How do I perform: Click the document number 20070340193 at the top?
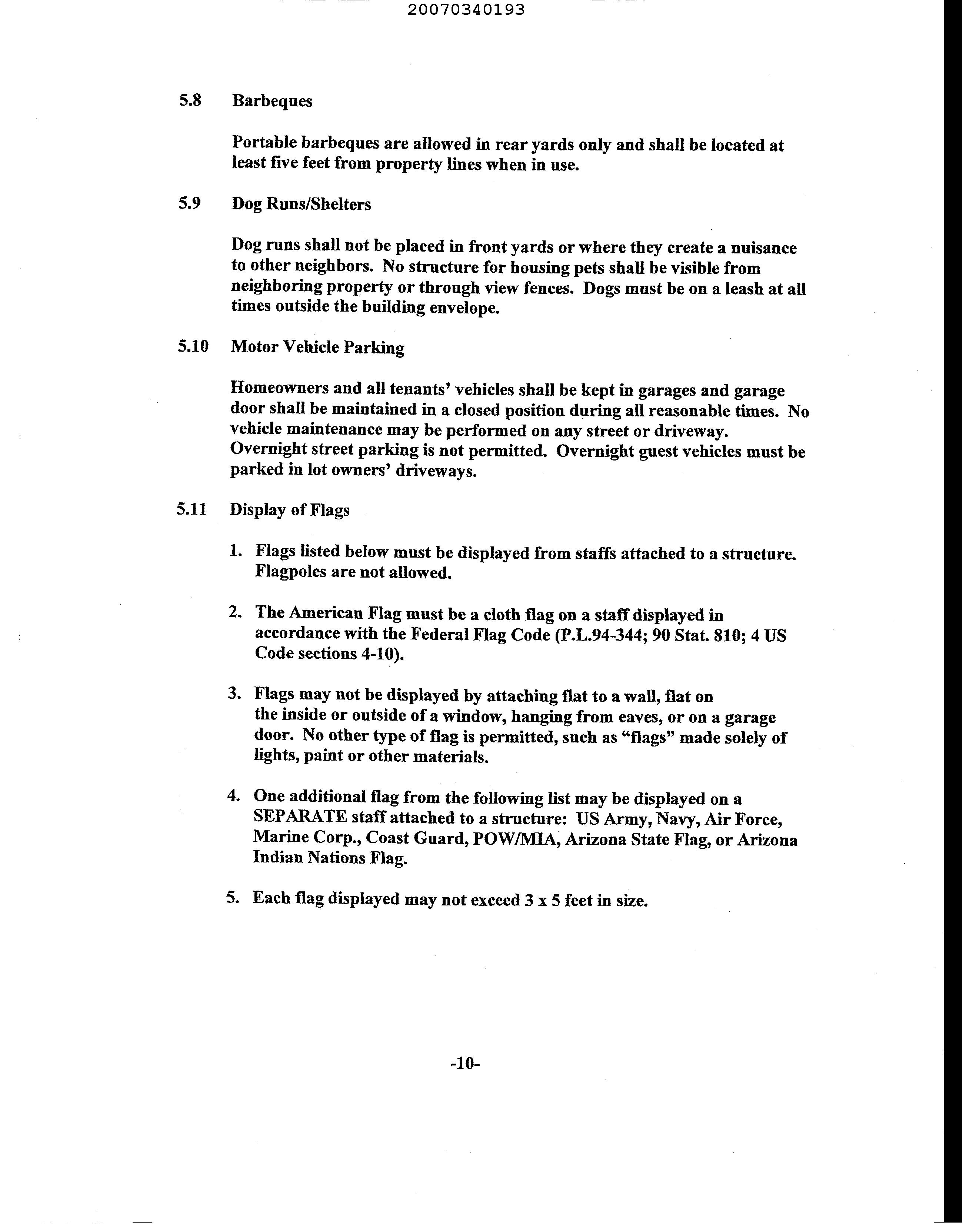pyautogui.click(x=466, y=10)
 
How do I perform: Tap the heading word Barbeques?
pyautogui.click(x=272, y=101)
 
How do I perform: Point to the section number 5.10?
pyautogui.click(x=193, y=347)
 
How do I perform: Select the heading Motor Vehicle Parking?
pyautogui.click(x=317, y=348)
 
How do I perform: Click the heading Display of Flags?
pyautogui.click(x=290, y=510)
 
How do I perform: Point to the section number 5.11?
pyautogui.click(x=191, y=510)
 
